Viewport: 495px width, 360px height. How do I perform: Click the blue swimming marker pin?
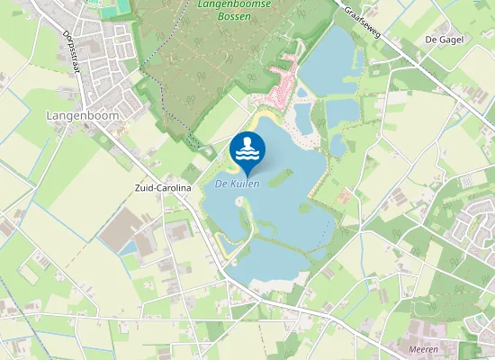(x=247, y=149)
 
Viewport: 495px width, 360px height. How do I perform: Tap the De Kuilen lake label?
(x=238, y=184)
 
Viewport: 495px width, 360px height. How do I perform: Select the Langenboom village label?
(x=77, y=116)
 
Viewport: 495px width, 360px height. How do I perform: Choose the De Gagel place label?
(x=444, y=40)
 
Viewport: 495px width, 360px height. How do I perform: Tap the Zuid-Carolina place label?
(x=159, y=189)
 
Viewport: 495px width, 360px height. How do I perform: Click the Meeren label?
(x=423, y=349)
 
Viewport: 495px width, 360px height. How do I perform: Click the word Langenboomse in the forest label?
(x=229, y=4)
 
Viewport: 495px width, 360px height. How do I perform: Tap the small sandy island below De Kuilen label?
(x=240, y=202)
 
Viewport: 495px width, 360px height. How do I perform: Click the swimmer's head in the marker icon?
(x=247, y=142)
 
